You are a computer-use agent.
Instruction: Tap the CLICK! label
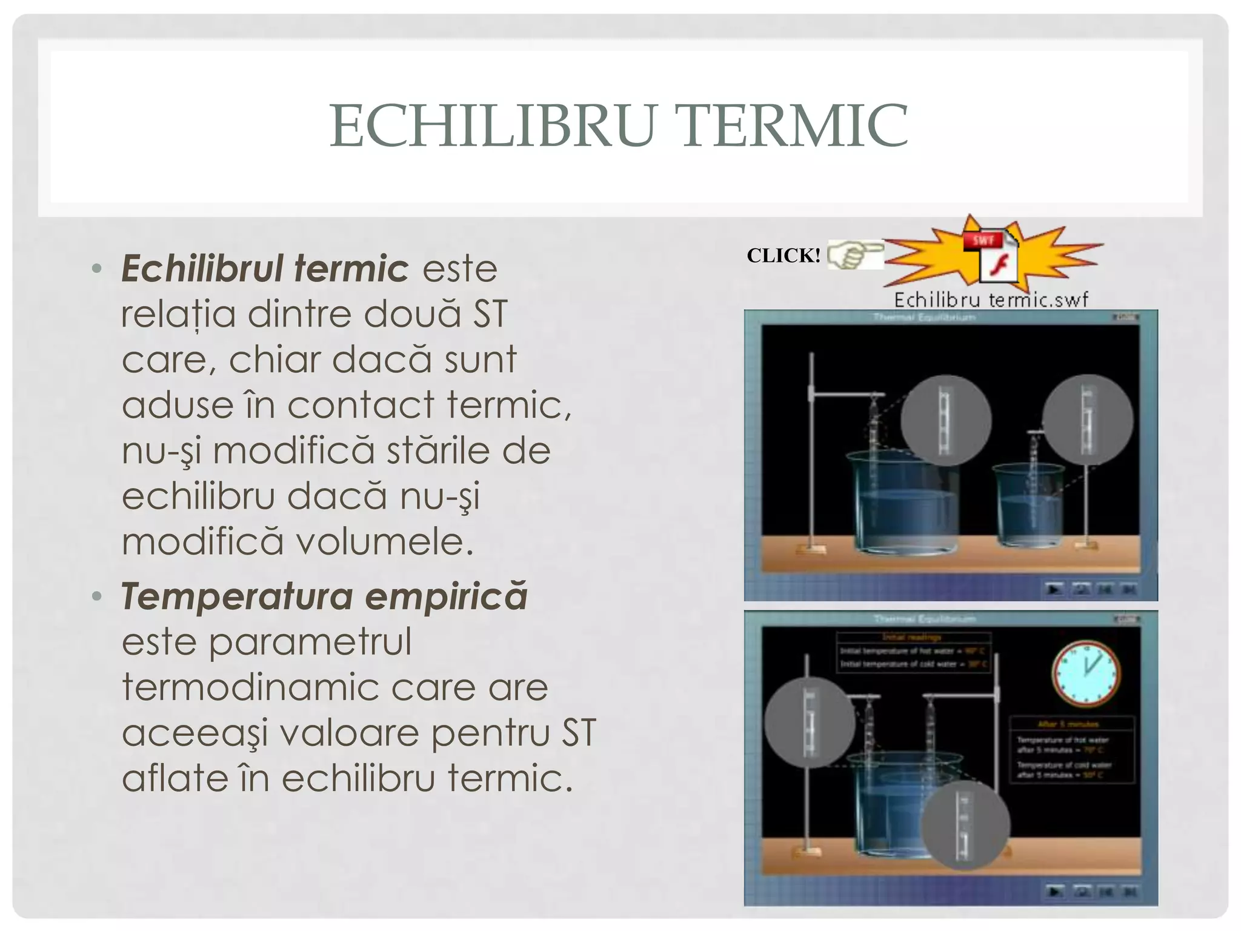[x=784, y=255]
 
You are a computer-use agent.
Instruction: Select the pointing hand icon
[x=855, y=254]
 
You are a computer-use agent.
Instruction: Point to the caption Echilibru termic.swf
[x=991, y=299]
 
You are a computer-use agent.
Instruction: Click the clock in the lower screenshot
[x=1085, y=673]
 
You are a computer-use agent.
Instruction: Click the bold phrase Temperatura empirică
[x=324, y=596]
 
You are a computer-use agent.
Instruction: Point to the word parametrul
[x=310, y=642]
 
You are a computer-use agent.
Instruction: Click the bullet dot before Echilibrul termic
[x=96, y=269]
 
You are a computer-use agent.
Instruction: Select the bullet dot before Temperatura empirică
[x=96, y=596]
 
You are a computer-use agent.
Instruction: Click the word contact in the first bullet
[x=361, y=405]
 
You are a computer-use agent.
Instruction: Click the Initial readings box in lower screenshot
[x=913, y=652]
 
